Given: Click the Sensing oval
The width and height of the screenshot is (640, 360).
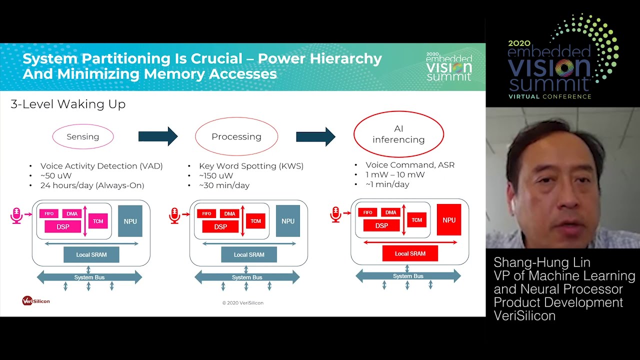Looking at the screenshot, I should click(x=83, y=136).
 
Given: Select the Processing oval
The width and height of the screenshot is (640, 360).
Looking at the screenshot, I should click(x=236, y=136).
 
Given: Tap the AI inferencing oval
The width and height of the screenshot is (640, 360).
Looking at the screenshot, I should click(x=398, y=134).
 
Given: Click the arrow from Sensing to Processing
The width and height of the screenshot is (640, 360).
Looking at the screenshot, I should click(x=158, y=136).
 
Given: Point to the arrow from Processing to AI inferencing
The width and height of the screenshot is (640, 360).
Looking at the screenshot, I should click(x=315, y=136).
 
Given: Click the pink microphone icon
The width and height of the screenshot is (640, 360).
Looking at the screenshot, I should click(x=16, y=215).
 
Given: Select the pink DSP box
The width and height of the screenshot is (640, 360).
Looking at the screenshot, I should click(x=63, y=226).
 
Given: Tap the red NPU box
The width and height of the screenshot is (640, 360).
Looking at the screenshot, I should click(x=449, y=220).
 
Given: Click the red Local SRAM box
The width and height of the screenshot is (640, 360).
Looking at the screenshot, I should click(x=410, y=253).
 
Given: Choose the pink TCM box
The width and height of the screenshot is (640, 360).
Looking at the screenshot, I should click(x=98, y=221).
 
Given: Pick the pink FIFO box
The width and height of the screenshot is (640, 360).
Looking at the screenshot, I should click(x=49, y=213).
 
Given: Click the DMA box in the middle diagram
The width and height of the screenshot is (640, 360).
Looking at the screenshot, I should click(x=229, y=213).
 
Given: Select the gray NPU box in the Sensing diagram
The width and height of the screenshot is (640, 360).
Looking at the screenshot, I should click(x=130, y=221).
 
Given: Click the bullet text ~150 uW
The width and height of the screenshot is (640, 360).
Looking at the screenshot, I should click(x=216, y=175).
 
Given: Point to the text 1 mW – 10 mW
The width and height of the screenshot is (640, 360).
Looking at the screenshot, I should click(x=395, y=174).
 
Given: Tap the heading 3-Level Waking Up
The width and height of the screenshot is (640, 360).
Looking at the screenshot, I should click(x=68, y=104).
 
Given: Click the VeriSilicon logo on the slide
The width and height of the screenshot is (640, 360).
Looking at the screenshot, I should click(x=36, y=300).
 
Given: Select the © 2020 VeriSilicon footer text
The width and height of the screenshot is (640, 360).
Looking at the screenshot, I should click(x=243, y=302).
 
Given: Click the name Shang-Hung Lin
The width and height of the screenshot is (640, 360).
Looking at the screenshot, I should click(x=535, y=262).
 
